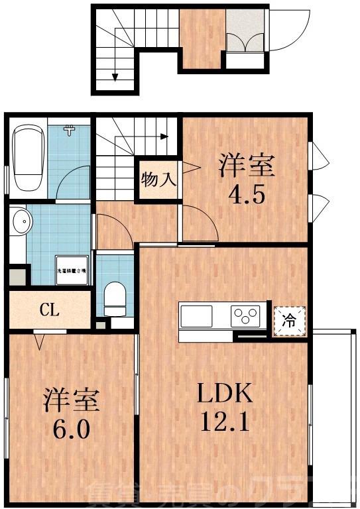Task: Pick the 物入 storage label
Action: [x=158, y=179]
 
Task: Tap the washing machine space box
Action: [x=72, y=270]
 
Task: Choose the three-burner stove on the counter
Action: [x=246, y=315]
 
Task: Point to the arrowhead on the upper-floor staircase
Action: [x=164, y=137]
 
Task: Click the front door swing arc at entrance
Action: [x=287, y=30]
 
